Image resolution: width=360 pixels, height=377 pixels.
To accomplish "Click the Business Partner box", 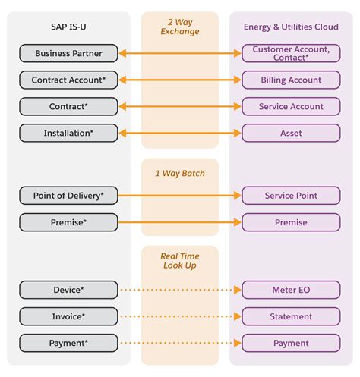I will pos(68,53).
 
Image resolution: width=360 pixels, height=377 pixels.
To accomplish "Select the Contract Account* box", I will pos(68,80).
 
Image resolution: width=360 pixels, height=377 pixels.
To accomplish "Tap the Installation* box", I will pos(68,133).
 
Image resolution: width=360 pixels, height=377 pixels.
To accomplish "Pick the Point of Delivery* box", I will pos(68,196).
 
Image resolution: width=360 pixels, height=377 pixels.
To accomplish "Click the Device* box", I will pos(68,290).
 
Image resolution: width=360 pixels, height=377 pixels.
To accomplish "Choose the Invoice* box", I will pos(68,316).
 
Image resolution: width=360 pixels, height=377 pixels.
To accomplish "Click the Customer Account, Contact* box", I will pos(291,53).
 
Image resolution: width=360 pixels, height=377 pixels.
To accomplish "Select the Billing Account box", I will pos(291,80).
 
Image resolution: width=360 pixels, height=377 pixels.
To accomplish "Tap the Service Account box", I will pos(291,106).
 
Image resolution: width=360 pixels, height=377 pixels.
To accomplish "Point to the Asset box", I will pos(291,133).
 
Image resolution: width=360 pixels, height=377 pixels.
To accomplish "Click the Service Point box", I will pos(291,196).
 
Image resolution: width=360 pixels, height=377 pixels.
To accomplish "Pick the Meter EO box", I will pos(291,290).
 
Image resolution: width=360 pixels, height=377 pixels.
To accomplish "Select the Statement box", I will pos(291,316).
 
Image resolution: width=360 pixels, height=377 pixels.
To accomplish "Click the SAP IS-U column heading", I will pos(68,27).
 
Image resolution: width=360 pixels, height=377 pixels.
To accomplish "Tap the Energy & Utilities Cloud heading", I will pos(291,27).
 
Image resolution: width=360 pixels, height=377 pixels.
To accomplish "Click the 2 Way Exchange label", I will pos(179,27).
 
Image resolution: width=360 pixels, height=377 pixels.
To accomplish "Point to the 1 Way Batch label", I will pos(179,173).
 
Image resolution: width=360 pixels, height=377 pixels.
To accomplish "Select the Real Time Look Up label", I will pos(179,260).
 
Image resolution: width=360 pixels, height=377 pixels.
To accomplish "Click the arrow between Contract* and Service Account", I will pos(179,106).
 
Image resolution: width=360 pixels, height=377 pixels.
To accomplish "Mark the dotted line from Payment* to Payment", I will pos(179,343).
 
